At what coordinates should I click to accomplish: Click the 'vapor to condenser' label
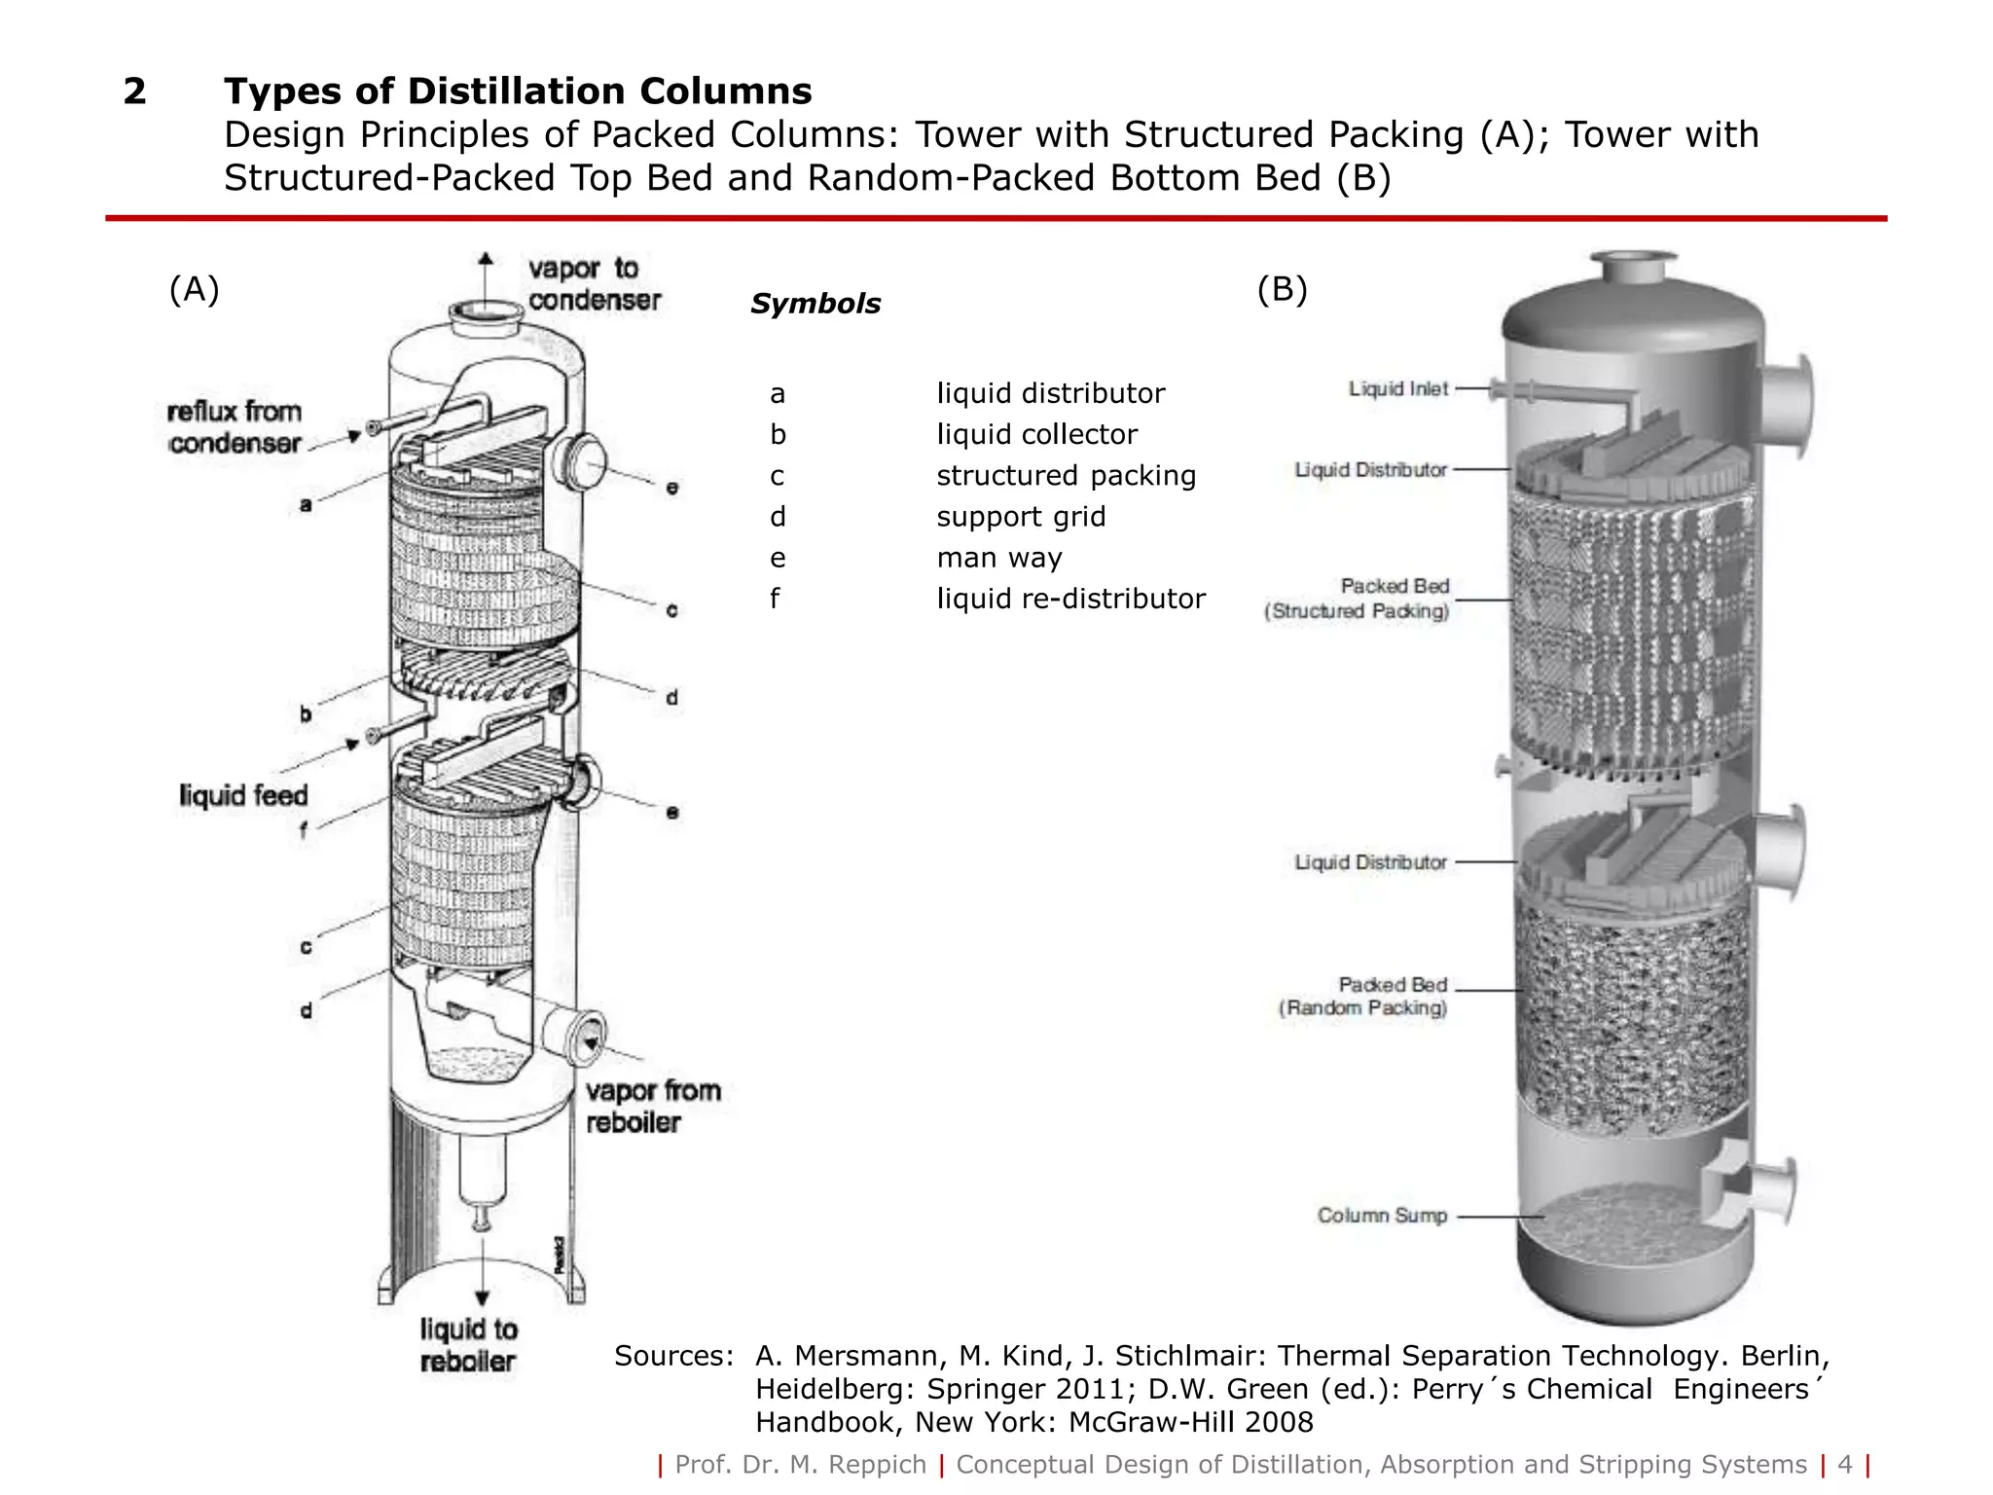[594, 284]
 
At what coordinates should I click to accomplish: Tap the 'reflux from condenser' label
[235, 426]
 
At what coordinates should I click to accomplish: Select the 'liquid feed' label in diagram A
[243, 795]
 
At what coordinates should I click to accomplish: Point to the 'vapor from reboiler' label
[653, 1106]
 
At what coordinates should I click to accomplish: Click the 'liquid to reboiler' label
[468, 1344]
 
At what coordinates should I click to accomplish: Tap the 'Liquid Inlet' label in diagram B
[1398, 389]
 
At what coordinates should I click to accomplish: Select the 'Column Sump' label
[1382, 1216]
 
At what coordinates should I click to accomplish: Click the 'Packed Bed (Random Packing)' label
[1364, 997]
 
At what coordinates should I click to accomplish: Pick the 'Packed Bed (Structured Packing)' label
[1358, 599]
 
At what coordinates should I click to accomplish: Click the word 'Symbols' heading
[815, 304]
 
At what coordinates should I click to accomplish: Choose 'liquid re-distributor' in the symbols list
[1070, 599]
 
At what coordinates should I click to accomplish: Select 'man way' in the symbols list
[998, 558]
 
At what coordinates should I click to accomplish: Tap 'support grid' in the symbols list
[1021, 517]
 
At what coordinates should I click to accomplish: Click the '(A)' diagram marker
[195, 289]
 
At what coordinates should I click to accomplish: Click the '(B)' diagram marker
[1282, 289]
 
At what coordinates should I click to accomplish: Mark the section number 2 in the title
[134, 91]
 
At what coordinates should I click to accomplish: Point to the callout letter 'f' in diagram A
[305, 830]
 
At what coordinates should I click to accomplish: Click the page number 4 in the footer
[1844, 1464]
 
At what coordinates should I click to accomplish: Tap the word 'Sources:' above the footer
[673, 1356]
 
